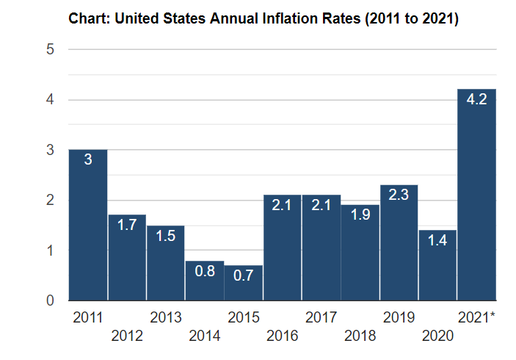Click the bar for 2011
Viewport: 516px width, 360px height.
point(88,225)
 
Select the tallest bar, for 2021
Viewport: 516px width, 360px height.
point(477,195)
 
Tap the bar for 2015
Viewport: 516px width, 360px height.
point(244,283)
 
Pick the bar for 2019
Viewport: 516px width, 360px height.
point(399,242)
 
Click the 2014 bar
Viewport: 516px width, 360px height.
point(205,281)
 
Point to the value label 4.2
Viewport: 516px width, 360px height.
point(477,99)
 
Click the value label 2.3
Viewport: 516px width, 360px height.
point(399,195)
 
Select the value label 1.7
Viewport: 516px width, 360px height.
point(127,226)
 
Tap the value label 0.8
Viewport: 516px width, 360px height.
point(205,272)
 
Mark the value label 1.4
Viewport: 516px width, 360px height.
point(438,241)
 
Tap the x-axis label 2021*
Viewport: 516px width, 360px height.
point(476,318)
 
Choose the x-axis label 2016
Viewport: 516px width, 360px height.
point(283,336)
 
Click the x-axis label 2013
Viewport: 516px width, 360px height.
point(166,318)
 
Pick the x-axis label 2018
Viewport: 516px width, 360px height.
point(360,336)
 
